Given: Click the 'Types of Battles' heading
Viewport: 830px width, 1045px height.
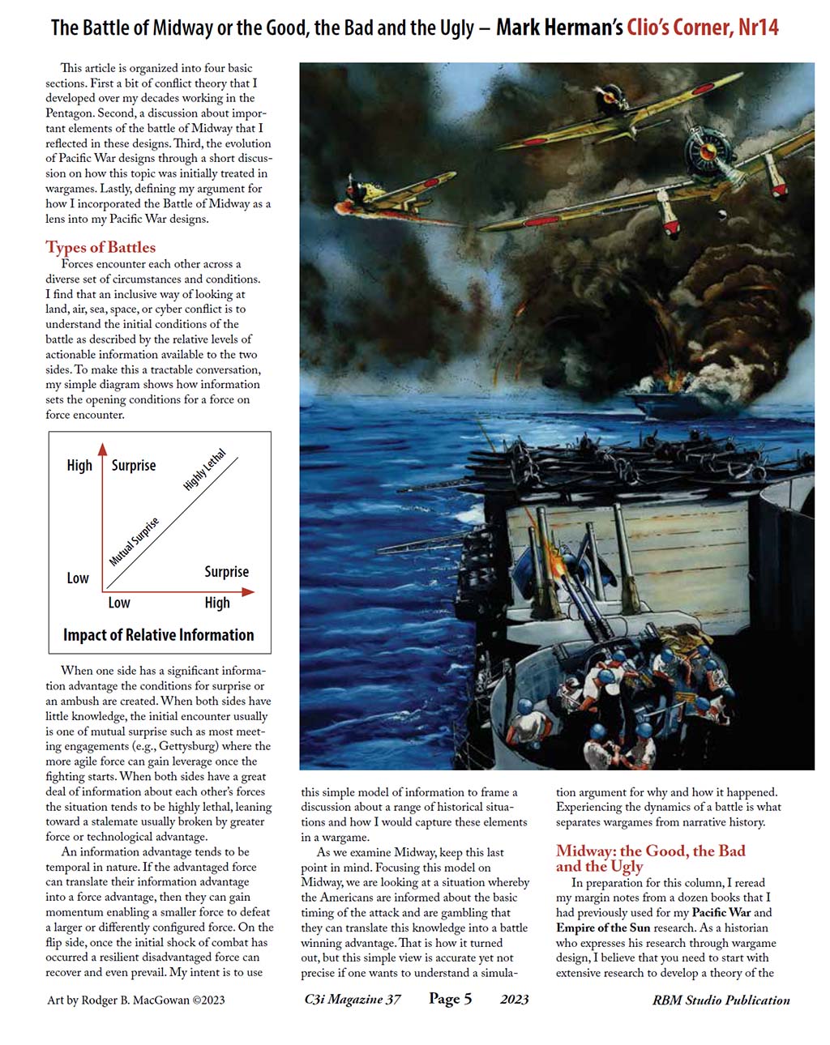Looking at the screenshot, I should [101, 247].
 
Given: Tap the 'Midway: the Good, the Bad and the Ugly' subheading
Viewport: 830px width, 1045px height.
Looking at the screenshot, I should [650, 858].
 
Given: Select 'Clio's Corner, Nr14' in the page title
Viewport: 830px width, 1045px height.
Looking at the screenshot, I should [702, 28].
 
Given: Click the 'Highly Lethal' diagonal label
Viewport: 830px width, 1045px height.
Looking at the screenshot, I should [205, 469].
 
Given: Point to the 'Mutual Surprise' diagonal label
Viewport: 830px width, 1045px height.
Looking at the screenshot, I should [135, 541].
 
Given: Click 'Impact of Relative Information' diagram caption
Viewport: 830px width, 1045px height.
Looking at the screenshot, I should [159, 635].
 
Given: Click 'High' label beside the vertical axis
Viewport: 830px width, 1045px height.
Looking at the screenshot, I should [79, 465].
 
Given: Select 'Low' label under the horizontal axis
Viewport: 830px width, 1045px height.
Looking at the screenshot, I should [119, 603].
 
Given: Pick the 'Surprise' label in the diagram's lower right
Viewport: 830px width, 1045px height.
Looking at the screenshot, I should [226, 572].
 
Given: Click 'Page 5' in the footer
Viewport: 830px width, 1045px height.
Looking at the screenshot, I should [450, 999].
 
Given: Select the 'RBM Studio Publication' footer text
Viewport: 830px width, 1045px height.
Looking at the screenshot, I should [721, 1000].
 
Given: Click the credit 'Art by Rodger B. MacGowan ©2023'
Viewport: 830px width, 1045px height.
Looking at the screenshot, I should [136, 1000].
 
